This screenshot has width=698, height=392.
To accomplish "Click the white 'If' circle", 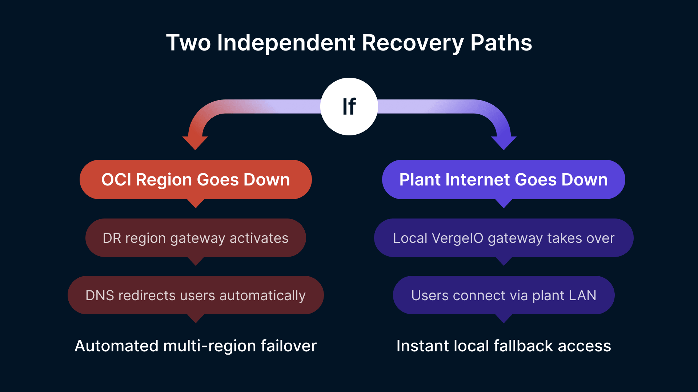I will point(349,106).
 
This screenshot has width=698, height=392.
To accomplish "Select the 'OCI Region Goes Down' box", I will point(196,180).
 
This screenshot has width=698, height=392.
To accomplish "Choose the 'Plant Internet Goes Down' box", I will point(504,180).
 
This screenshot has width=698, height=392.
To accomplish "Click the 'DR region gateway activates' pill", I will point(196,238).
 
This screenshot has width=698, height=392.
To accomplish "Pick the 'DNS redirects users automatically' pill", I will point(196,295).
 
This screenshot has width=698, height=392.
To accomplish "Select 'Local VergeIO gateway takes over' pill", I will point(504,238).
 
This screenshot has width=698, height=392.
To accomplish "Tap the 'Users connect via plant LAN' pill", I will point(504,295).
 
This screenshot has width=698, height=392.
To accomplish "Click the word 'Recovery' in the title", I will point(412,43).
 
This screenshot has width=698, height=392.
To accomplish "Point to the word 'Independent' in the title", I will point(286,43).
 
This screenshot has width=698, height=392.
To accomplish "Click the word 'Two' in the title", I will point(188,43).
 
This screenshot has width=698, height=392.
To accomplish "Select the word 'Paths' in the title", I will point(501,43).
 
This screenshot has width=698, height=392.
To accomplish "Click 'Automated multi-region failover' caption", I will point(196,346).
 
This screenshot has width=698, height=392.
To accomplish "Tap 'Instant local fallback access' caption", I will point(504,346).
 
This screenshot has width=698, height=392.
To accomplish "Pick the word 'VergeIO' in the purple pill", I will point(458,238).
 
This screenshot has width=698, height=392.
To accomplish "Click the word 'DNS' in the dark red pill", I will point(100,295).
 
